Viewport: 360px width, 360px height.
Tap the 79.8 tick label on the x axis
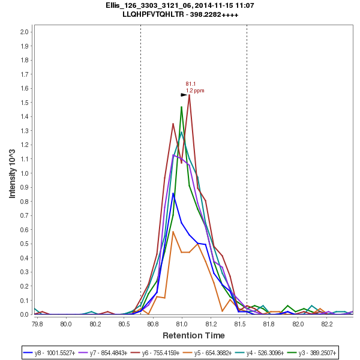[x=37, y=323]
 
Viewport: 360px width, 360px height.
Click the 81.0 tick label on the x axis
[x=182, y=323]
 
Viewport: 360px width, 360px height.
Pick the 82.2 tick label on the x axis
[x=327, y=323]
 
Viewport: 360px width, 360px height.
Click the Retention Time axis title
[x=194, y=335]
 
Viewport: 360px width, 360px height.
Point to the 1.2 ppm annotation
[x=195, y=91]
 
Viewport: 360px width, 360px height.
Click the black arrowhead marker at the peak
[x=184, y=95]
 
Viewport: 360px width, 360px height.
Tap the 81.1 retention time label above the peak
[x=191, y=84]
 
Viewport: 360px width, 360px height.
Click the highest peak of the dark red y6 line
[x=189, y=95]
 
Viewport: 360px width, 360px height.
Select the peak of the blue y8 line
[x=173, y=193]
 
